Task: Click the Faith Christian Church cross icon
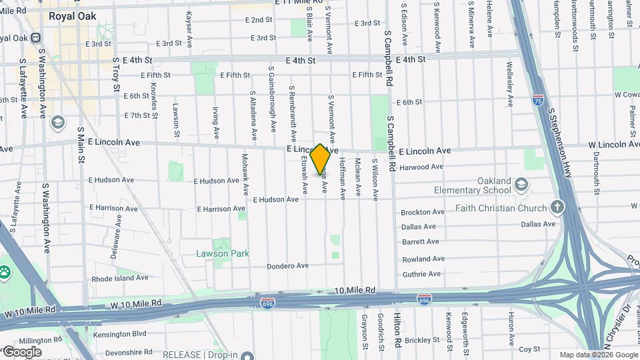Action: (557, 208)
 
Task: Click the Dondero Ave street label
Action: (287, 266)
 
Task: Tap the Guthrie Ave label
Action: (421, 274)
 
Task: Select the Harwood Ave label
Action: (421, 167)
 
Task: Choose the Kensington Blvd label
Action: (120, 333)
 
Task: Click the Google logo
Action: (22, 351)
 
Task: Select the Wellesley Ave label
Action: (510, 86)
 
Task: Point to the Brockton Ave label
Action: (423, 212)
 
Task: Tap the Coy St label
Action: (529, 349)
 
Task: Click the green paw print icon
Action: (6, 272)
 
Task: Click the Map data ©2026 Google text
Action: (598, 355)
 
